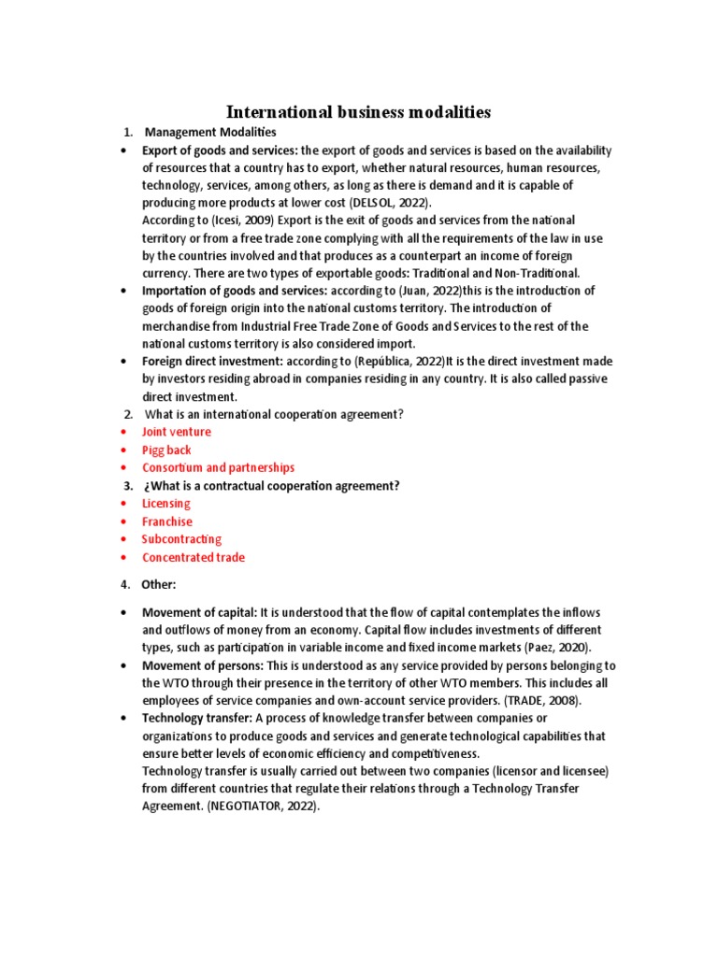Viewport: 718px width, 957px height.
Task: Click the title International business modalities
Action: click(358, 112)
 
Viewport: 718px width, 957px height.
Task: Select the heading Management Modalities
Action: click(210, 133)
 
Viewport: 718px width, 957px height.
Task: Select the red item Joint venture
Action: click(176, 432)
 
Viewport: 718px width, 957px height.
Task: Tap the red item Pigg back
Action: click(165, 450)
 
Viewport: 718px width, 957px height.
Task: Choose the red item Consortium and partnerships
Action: click(218, 467)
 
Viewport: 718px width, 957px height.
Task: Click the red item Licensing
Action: click(165, 503)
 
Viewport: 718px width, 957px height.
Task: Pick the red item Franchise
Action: click(166, 521)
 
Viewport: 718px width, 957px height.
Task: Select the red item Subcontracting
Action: click(181, 539)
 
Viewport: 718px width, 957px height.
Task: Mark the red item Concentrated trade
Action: click(193, 557)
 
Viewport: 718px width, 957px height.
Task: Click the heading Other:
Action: click(158, 584)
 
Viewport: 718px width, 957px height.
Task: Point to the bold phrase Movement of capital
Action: click(199, 611)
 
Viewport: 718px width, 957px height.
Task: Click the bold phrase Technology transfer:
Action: click(196, 718)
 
